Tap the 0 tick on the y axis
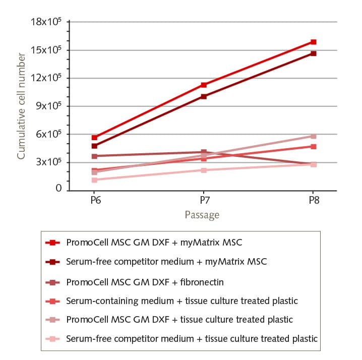click(x=58, y=189)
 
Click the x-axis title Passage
click(x=202, y=215)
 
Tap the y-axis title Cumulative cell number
click(x=22, y=107)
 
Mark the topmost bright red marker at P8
click(x=313, y=42)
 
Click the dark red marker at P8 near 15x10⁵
click(x=313, y=53)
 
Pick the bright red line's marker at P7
click(x=203, y=85)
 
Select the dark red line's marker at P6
click(x=94, y=146)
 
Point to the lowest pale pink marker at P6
click(x=94, y=180)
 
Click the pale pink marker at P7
click(x=203, y=170)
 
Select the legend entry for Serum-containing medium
click(x=182, y=301)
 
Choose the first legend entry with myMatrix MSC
click(x=154, y=243)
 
